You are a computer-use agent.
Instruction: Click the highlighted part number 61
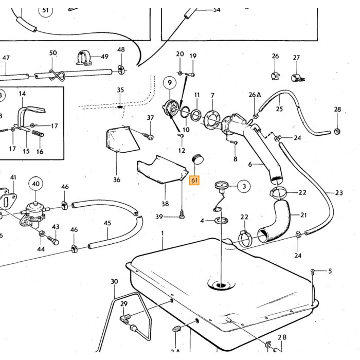[x=194, y=180]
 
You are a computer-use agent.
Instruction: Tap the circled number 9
[x=170, y=83]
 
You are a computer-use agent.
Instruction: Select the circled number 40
[x=35, y=184]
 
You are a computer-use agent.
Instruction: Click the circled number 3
[x=244, y=186]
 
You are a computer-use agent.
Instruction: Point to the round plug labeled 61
[x=197, y=159]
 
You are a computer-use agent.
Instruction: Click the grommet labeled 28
[x=337, y=131]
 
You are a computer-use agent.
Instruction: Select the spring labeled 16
[x=38, y=133]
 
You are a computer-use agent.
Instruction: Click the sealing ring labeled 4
[x=221, y=221]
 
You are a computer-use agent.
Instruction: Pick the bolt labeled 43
[x=53, y=240]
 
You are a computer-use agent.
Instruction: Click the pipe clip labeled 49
[x=83, y=58]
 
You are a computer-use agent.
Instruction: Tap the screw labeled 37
[x=148, y=136]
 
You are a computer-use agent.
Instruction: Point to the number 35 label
[x=120, y=90]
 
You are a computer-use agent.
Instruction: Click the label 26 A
[x=255, y=95]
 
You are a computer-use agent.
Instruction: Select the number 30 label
[x=114, y=281]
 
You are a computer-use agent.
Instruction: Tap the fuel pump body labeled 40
[x=35, y=213]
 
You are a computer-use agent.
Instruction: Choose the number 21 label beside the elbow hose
[x=303, y=215]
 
